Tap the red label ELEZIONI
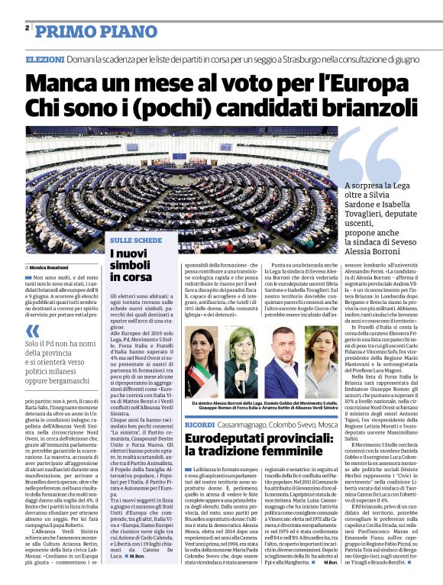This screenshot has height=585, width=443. click(x=44, y=59)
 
